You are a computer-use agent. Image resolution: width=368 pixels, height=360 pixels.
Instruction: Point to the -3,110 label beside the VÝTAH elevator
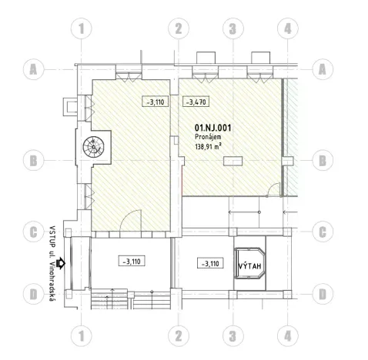(209, 264)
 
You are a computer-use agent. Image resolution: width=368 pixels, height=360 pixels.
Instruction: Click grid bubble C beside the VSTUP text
(34, 231)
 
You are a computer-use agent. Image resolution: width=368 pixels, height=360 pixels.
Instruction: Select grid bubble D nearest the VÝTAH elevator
(323, 294)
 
